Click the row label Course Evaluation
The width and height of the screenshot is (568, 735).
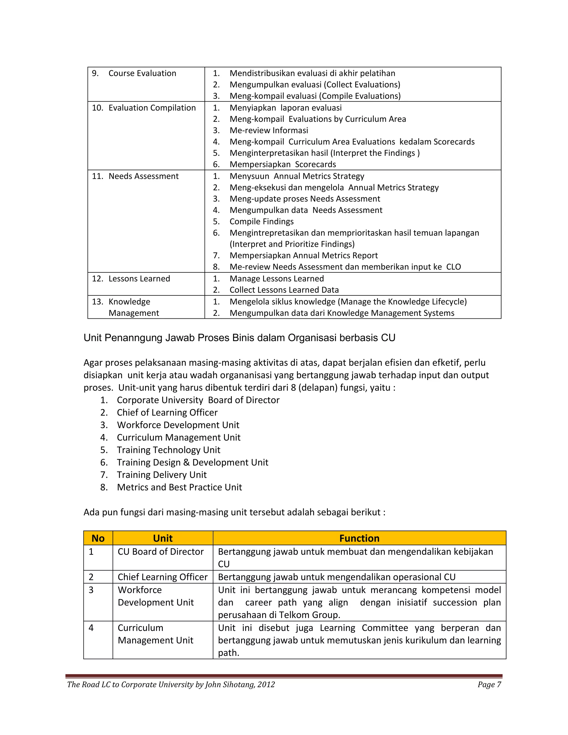tap(142, 73)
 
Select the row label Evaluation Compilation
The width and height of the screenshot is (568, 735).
tap(152, 108)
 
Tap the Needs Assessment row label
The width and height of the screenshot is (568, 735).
tap(143, 176)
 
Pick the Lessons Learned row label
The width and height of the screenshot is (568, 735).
tap(139, 279)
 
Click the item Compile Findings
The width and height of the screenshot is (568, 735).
tap(262, 221)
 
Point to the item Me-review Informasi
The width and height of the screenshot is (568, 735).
tap(268, 130)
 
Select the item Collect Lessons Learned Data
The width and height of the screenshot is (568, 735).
tap(284, 290)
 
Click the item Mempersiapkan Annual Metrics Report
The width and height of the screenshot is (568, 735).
tap(303, 255)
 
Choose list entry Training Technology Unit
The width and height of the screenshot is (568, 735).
tap(168, 450)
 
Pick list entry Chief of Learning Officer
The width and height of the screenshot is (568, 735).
tap(167, 413)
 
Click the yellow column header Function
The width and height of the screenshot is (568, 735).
tap(359, 538)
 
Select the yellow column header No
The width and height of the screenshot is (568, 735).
tap(98, 538)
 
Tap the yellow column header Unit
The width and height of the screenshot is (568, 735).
tap(163, 538)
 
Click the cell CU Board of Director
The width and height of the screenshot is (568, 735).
tap(161, 552)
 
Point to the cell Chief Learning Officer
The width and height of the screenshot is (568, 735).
tap(162, 577)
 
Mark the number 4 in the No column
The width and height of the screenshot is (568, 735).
tap(91, 628)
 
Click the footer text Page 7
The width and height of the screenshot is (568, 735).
tap(489, 685)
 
